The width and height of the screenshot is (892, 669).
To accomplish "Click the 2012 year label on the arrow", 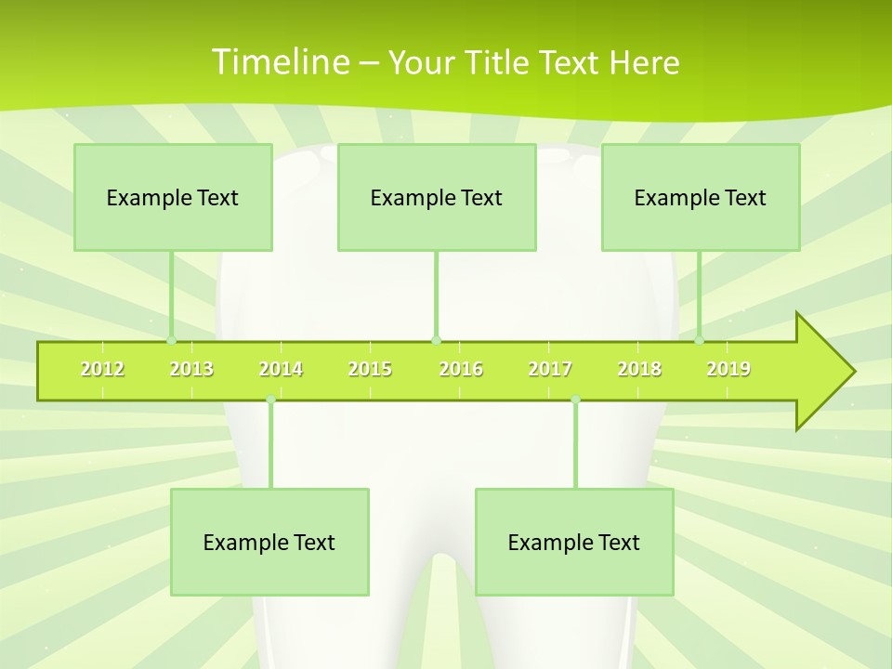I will coord(102,369).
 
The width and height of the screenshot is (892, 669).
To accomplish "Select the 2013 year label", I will coord(191,369).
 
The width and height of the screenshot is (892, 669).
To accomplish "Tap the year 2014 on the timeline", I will coord(281,369).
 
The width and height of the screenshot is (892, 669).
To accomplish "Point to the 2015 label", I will coord(370,369).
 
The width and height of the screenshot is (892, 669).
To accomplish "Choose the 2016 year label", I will coord(461,369).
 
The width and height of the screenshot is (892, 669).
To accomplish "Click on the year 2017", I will coord(550,369).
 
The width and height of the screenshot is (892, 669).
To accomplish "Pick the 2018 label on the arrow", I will coord(639,369).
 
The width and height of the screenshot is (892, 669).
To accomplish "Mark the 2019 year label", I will coord(728,369).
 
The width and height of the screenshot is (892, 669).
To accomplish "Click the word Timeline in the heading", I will coord(280,62).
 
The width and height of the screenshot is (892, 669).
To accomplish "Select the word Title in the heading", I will coord(498,62).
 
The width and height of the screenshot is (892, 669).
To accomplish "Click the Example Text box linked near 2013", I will coord(173,197).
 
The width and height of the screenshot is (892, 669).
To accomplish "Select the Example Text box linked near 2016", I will coord(437,197).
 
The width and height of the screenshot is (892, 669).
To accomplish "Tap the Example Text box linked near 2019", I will coord(701,197).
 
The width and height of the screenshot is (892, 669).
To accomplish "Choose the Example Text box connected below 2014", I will coord(269,542).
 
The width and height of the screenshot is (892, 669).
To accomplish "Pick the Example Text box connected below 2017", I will coord(574,542).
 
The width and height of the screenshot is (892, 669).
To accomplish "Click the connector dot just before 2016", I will coord(436,340).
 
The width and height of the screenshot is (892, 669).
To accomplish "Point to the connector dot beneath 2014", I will coord(270,400).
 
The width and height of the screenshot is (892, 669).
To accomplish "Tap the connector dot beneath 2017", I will coord(575,400).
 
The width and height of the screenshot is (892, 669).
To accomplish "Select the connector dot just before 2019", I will coord(700,340).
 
